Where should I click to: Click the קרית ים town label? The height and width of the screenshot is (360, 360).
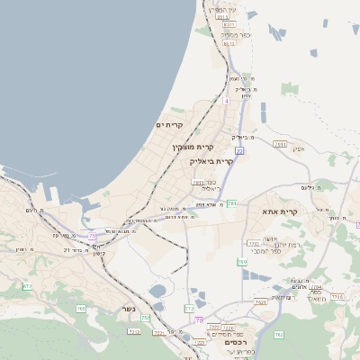coord(169,124)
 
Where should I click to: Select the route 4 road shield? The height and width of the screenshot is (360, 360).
coord(227,101)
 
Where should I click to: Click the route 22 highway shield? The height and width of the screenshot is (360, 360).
coord(239,151)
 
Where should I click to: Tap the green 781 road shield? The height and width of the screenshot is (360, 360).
coord(231,203)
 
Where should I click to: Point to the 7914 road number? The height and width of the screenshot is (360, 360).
coord(280,144)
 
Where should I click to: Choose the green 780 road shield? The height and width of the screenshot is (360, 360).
coord(242,262)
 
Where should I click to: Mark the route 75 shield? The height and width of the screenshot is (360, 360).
coord(92,236)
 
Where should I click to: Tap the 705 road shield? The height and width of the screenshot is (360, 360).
coord(81,309)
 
